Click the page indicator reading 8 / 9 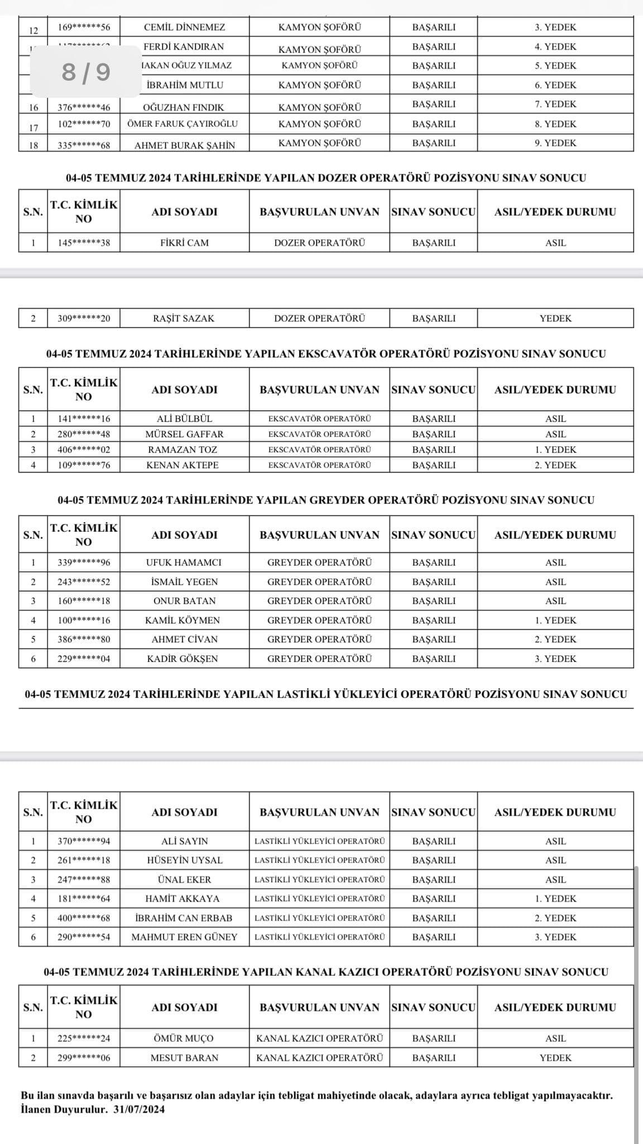[x=86, y=71]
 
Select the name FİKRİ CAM [x=184, y=243]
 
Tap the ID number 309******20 [x=84, y=318]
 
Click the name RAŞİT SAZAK [x=184, y=318]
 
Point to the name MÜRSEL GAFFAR [x=184, y=434]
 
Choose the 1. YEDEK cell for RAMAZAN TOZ [x=555, y=450]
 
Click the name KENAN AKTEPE [x=183, y=465]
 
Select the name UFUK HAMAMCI [x=184, y=563]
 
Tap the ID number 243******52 [x=84, y=582]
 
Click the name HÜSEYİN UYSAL [x=184, y=860]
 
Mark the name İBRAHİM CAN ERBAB [x=184, y=918]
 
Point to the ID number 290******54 [x=84, y=937]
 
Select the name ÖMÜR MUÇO [x=184, y=1038]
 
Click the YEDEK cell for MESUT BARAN [x=555, y=1057]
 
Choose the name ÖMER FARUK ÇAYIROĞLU [x=183, y=124]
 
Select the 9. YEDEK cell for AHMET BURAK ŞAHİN [x=555, y=143]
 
